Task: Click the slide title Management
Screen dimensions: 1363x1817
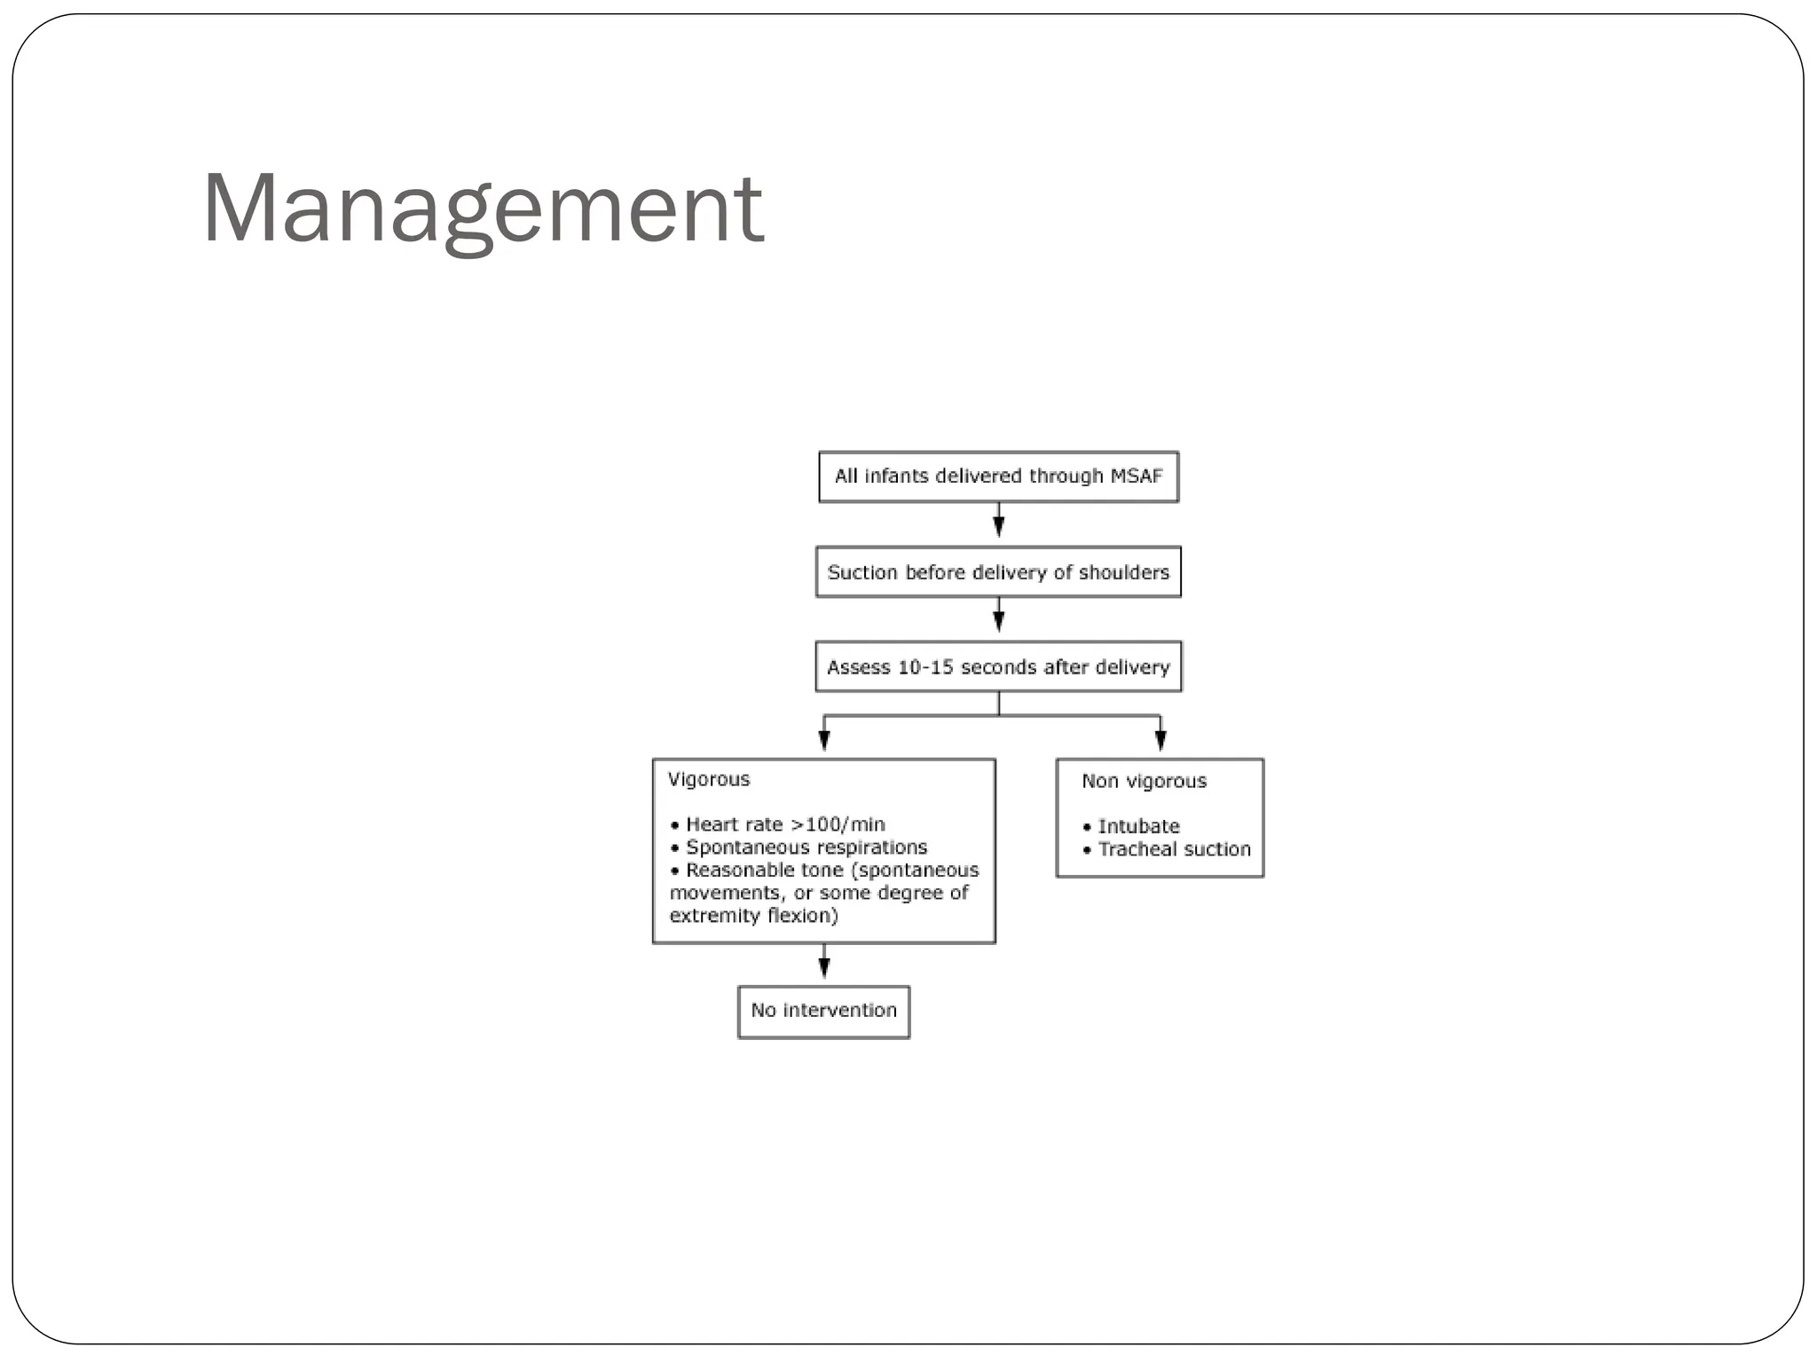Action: pos(483,209)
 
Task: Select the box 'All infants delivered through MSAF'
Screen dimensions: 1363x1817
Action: pos(998,477)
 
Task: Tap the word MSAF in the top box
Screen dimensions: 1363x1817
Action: pos(1136,477)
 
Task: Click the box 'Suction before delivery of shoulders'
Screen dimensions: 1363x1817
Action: pos(998,572)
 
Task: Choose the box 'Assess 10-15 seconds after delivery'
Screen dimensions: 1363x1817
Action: pos(998,667)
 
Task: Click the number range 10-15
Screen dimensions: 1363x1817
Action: pos(926,667)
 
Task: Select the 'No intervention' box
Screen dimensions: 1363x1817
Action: pos(823,1011)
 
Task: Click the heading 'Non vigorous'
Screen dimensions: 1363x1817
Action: pos(1144,781)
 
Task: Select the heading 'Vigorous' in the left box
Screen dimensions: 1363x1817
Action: pos(709,779)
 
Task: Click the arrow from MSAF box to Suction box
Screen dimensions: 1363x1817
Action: pos(999,522)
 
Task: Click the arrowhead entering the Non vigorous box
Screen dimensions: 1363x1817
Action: pos(1160,739)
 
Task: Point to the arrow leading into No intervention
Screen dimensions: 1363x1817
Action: pos(824,964)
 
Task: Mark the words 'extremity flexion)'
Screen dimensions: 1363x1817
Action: pos(753,916)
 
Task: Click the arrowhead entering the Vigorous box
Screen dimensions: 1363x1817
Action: pos(824,739)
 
